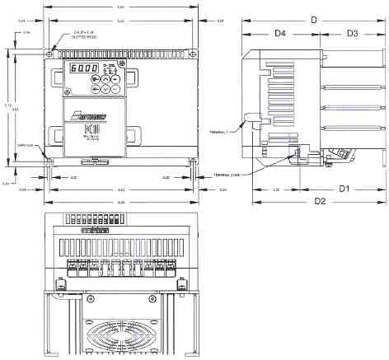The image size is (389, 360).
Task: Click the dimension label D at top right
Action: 313,18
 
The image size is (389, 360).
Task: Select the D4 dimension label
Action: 279,34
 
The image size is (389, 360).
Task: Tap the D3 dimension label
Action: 351,34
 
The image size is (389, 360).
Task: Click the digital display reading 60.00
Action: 84,69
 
